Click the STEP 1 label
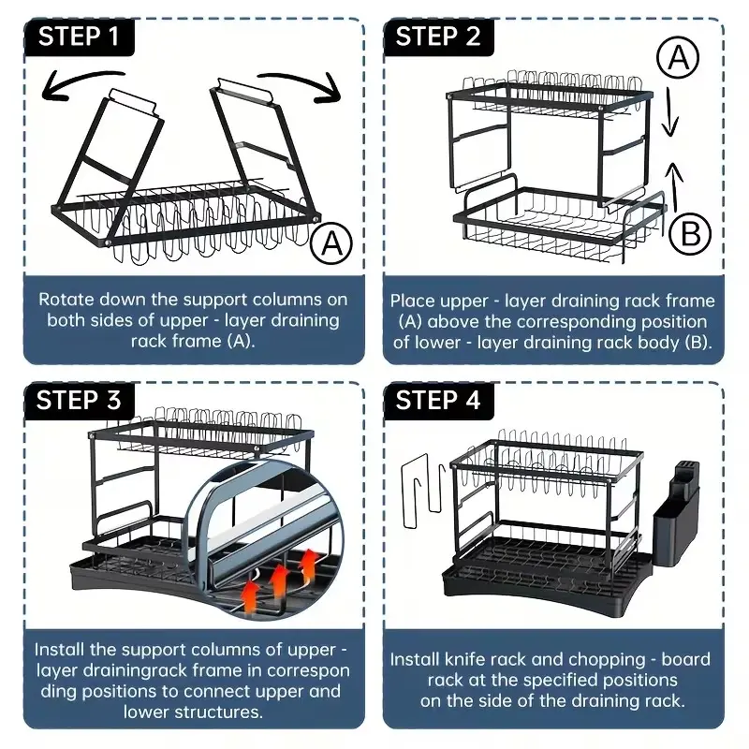[81, 38]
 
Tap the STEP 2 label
[438, 38]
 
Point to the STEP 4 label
[438, 401]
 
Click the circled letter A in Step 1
[330, 244]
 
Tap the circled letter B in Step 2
[691, 233]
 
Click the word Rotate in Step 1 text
[66, 300]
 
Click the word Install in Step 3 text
[62, 649]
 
